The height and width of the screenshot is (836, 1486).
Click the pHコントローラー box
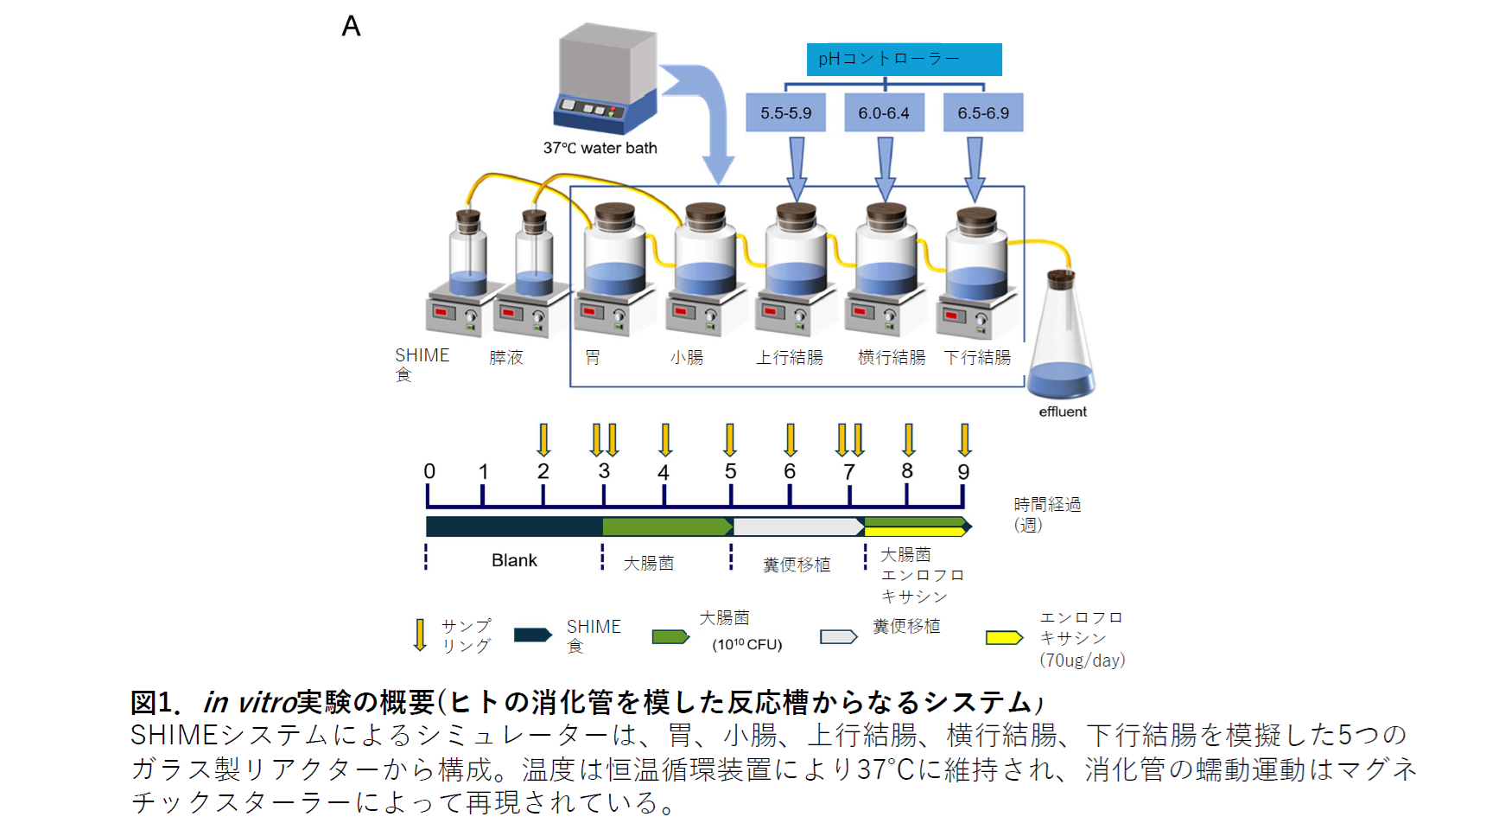(x=904, y=60)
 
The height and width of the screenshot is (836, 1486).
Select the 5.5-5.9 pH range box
(x=785, y=113)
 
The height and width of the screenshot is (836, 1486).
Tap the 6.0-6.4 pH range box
(x=884, y=113)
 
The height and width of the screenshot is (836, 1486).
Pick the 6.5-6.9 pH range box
(x=983, y=113)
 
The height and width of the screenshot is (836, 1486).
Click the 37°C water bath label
(x=600, y=148)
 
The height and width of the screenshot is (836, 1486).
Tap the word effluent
(x=1063, y=412)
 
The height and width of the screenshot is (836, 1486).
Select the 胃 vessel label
(x=593, y=357)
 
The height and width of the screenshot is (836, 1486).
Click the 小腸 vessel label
(x=687, y=357)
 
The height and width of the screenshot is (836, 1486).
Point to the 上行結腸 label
(x=790, y=357)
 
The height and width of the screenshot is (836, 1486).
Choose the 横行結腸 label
(x=892, y=357)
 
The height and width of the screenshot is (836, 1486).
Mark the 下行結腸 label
(x=977, y=357)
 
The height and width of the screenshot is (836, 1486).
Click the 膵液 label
(x=506, y=357)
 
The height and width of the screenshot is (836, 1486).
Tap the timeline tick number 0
(x=429, y=471)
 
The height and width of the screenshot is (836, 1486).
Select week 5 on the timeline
(x=731, y=471)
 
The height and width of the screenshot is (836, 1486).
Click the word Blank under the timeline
(x=514, y=560)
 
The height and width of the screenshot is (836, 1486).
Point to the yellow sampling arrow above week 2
(x=543, y=439)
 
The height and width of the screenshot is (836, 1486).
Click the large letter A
(x=351, y=26)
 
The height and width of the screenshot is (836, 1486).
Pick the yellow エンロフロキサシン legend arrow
(x=1004, y=638)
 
